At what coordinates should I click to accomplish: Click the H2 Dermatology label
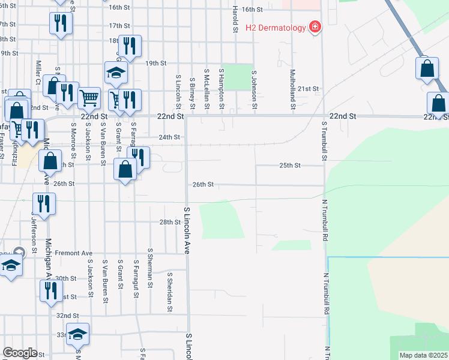pyautogui.click(x=275, y=28)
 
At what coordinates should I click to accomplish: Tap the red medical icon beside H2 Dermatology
pyautogui.click(x=314, y=27)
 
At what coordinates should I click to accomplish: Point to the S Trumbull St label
pyautogui.click(x=324, y=141)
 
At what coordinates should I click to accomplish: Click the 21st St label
pyautogui.click(x=310, y=89)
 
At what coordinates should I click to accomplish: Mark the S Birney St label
pyautogui.click(x=192, y=93)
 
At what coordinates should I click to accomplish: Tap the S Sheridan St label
pyautogui.click(x=170, y=292)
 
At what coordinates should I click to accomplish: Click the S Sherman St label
pyautogui.click(x=149, y=268)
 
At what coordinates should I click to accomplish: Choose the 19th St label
pyautogui.click(x=155, y=63)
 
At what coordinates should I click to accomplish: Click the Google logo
pyautogui.click(x=20, y=353)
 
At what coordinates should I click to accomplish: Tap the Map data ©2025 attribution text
pyautogui.click(x=423, y=355)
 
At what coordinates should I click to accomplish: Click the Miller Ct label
pyautogui.click(x=38, y=72)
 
